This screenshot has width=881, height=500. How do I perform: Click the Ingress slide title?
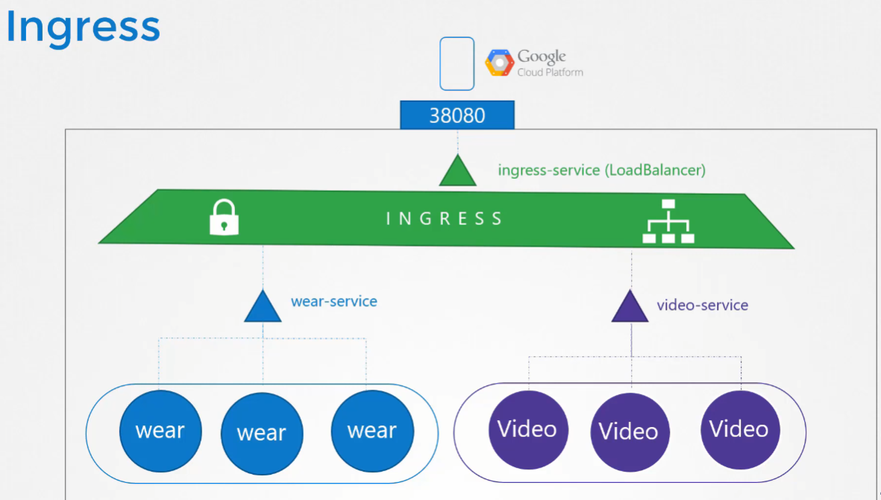click(83, 28)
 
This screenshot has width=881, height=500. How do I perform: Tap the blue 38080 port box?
click(457, 115)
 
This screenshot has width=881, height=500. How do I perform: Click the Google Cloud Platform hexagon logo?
click(499, 63)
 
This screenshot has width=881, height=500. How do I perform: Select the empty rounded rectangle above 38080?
click(457, 64)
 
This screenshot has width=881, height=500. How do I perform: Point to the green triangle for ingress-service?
click(457, 172)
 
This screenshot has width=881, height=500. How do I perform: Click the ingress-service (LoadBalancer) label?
click(601, 170)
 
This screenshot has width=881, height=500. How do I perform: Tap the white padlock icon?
click(224, 217)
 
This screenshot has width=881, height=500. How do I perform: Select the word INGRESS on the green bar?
click(445, 218)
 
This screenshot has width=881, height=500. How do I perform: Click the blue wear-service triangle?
click(263, 308)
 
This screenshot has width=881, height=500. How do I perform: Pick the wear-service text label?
click(334, 302)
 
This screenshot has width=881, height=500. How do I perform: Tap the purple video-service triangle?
click(630, 308)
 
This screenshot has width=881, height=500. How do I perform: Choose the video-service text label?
click(702, 305)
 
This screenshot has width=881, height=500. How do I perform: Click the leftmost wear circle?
click(160, 430)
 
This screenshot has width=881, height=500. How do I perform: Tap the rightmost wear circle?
click(371, 430)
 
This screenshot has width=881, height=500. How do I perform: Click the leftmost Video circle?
click(527, 429)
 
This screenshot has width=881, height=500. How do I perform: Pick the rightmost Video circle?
click(739, 429)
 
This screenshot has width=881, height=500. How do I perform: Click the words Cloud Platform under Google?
click(551, 72)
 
